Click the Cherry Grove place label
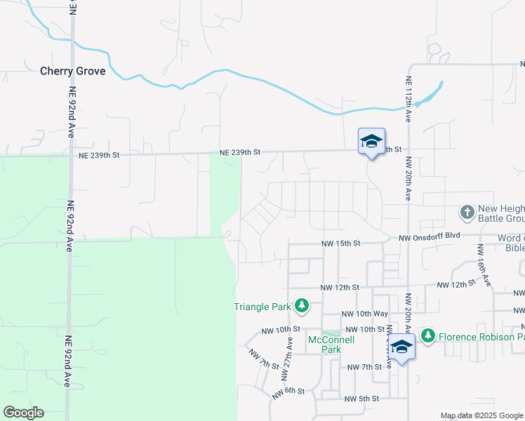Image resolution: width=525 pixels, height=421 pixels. point(73,71)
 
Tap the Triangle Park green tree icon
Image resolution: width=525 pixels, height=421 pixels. point(302,305)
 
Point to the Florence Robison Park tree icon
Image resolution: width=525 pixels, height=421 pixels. point(428,336)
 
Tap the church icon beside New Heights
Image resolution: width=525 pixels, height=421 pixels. point(467,211)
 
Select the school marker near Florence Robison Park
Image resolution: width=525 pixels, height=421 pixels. point(402,347)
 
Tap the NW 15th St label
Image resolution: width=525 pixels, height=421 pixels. point(340,243)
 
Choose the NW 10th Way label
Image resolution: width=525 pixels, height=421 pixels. point(364,314)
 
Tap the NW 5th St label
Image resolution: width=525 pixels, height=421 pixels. point(362,399)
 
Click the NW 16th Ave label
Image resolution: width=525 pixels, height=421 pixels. point(484,265)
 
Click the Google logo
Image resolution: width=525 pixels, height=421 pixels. point(23,413)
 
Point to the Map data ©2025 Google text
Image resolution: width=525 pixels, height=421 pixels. point(481,416)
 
